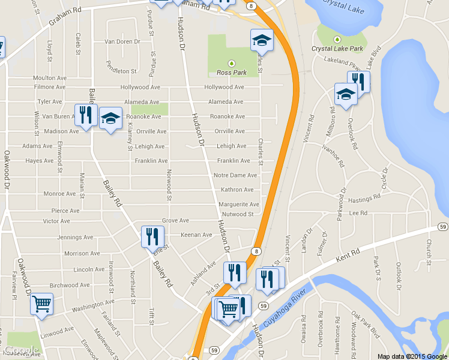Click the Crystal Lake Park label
pos(337,49)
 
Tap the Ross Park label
pos(231,73)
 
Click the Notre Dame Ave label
pos(235,175)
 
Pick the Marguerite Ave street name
pos(238,205)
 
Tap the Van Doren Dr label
pos(122,42)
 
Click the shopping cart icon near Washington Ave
pos(41,304)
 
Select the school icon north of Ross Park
pos(261,40)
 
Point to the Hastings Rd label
pos(365,197)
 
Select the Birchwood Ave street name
pos(69,285)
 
